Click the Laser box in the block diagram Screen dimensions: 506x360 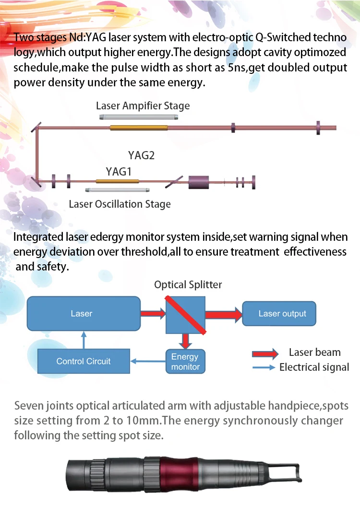[x=81, y=314]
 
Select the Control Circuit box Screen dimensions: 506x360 [x=84, y=361]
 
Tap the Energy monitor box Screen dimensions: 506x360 [x=185, y=362]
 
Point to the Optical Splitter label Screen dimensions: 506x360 [x=188, y=285]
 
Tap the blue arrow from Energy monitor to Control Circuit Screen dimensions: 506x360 [x=149, y=361]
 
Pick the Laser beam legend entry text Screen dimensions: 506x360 [x=314, y=353]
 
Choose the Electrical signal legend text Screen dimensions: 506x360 [x=314, y=367]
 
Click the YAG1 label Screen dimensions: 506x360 [x=119, y=171]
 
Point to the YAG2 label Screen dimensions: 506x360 [x=141, y=155]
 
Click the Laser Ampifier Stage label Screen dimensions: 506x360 [x=143, y=106]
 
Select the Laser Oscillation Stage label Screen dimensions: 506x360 [x=120, y=204]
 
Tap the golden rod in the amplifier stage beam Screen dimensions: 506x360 [x=139, y=128]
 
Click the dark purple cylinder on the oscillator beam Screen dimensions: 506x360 [x=199, y=182]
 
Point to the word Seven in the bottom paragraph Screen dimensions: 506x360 [x=29, y=406]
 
